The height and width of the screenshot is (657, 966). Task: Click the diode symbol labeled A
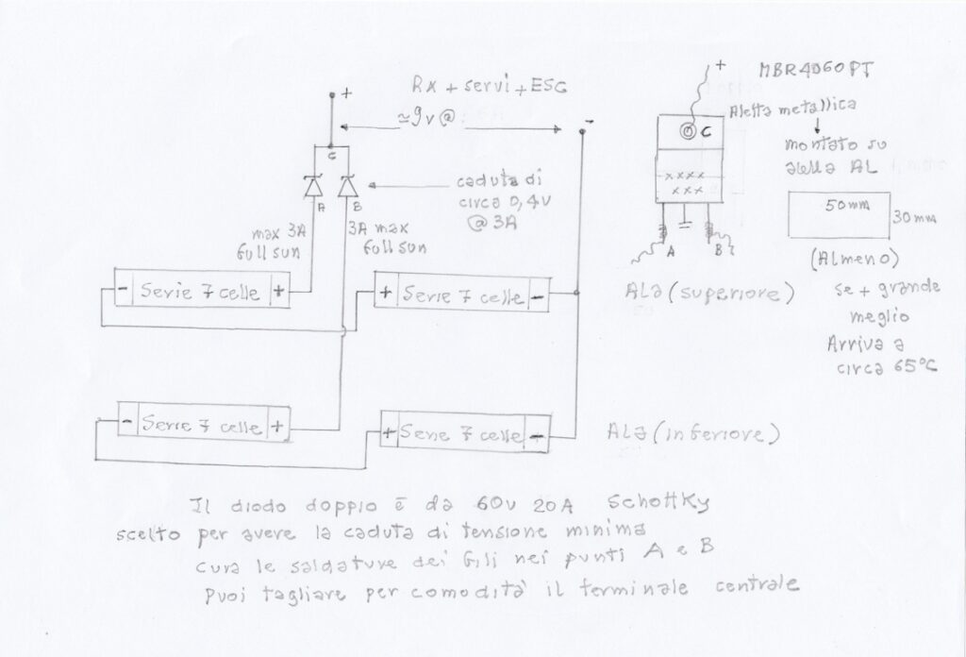pos(314,185)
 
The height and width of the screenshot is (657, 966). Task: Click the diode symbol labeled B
pos(348,185)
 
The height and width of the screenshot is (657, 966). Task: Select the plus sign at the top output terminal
pos(346,93)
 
